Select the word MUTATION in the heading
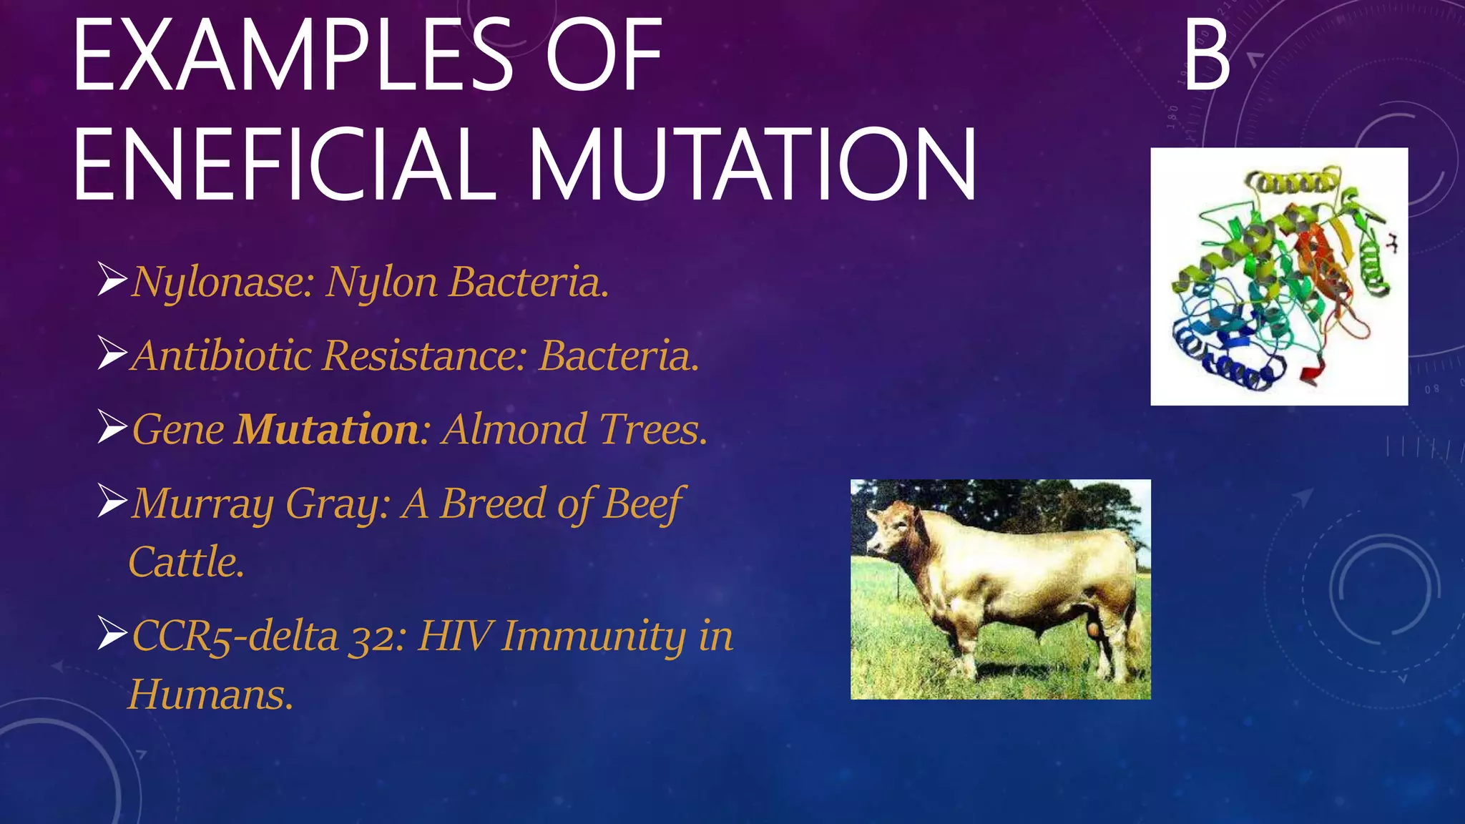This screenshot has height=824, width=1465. (x=752, y=165)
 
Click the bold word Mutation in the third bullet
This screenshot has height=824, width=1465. (x=328, y=429)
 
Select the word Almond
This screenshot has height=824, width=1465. (x=514, y=429)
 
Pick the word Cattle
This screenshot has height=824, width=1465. (x=186, y=562)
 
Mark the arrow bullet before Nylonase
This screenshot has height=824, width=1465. (x=112, y=280)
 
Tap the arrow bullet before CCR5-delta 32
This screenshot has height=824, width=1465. (x=112, y=633)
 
